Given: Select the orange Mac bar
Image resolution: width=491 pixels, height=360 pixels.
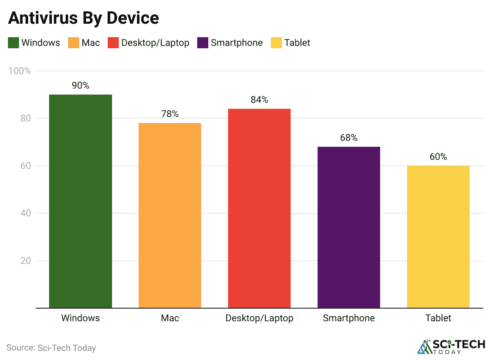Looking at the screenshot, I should pyautogui.click(x=170, y=215).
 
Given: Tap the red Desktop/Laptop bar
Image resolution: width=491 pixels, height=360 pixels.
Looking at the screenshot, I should pyautogui.click(x=259, y=208).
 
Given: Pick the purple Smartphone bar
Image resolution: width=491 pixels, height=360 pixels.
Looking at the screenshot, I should pyautogui.click(x=349, y=227).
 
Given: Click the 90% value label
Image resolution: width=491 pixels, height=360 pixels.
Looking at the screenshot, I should pyautogui.click(x=80, y=85).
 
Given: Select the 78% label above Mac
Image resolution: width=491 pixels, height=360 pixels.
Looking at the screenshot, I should pyautogui.click(x=170, y=114).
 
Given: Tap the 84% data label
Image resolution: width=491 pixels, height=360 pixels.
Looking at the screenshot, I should pyautogui.click(x=259, y=100).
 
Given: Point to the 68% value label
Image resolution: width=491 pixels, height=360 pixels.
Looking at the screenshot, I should pyautogui.click(x=349, y=138).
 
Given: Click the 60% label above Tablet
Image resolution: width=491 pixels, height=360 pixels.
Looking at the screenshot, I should pyautogui.click(x=438, y=157).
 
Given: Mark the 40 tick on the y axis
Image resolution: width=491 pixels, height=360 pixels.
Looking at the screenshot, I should pyautogui.click(x=25, y=214).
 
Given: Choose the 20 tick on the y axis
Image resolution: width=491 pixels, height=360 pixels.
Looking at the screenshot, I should pyautogui.click(x=25, y=261).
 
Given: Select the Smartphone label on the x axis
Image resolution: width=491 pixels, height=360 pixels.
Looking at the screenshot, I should pyautogui.click(x=349, y=318).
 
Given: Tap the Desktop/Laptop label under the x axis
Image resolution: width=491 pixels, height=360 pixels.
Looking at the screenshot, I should pyautogui.click(x=259, y=318).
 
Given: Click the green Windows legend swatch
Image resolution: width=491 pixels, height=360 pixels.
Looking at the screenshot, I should pyautogui.click(x=13, y=43).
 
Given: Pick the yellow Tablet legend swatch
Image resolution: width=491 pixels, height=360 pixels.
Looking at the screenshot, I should pyautogui.click(x=276, y=43).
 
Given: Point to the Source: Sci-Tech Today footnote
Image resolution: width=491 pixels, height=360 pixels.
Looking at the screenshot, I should pyautogui.click(x=51, y=348).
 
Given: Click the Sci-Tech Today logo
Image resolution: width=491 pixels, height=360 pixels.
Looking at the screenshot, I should pyautogui.click(x=451, y=346).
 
